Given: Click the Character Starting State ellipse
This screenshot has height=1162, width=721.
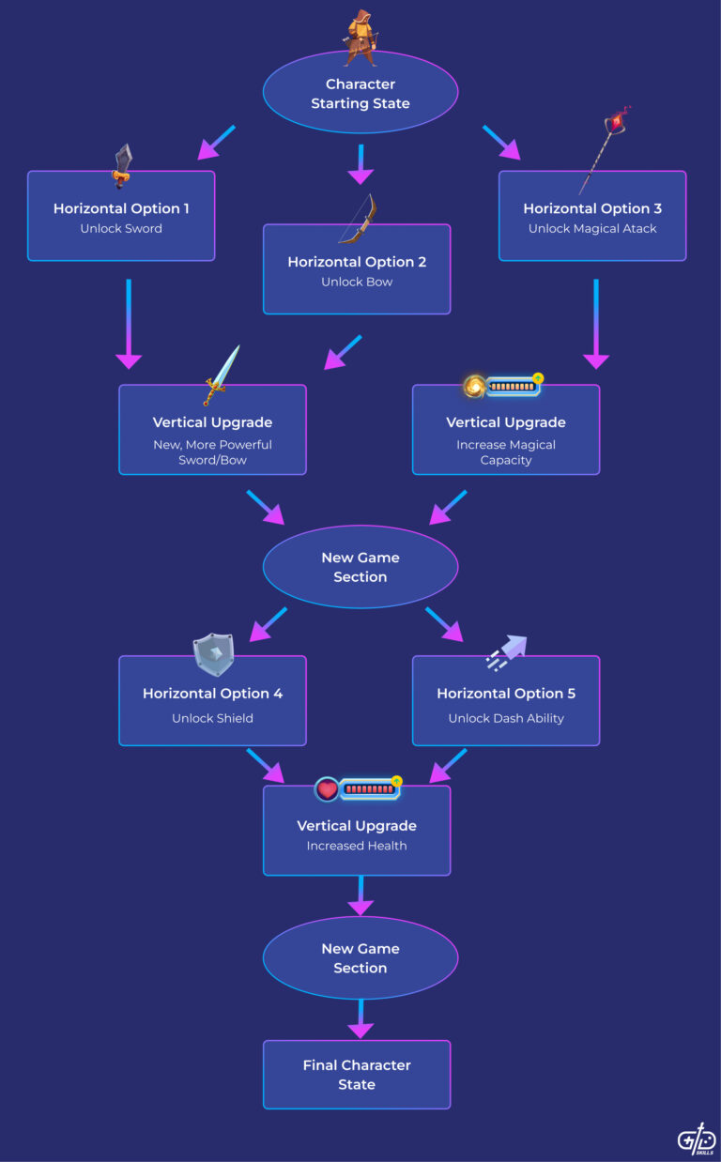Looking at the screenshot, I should [360, 94].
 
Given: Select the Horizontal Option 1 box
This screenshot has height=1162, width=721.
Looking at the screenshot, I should [121, 217].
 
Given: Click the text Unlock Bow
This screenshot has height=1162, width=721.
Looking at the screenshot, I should [357, 282].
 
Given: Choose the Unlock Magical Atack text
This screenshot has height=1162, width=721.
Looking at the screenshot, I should [591, 228].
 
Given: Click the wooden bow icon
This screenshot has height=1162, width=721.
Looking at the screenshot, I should [358, 218].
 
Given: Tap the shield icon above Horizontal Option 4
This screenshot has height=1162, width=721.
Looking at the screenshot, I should [212, 654].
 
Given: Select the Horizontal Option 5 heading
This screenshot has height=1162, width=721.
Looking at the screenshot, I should [506, 694].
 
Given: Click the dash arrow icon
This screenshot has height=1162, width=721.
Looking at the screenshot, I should [506, 651].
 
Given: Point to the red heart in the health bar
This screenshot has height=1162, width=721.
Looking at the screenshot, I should [327, 789].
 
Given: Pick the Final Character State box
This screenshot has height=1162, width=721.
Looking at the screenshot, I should [357, 1075].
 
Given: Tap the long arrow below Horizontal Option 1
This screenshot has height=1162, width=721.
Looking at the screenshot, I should [128, 323].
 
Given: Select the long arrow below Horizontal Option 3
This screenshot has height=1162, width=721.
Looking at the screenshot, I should [596, 323].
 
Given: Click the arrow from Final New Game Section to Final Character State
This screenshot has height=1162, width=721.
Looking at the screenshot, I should [360, 1018].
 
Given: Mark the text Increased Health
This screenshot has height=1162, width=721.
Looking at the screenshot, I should [357, 846].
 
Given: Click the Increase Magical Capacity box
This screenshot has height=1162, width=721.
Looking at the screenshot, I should [506, 430].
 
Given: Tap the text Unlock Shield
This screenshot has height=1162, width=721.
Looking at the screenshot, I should [212, 718].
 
